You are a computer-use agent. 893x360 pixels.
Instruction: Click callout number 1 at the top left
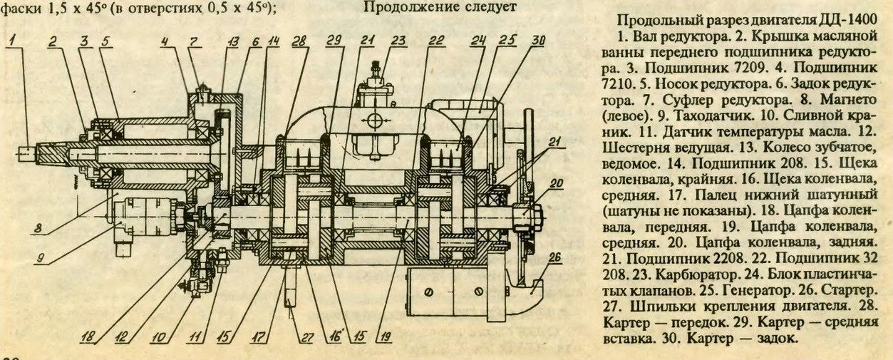(13, 40)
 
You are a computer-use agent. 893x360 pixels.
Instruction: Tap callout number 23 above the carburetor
(398, 40)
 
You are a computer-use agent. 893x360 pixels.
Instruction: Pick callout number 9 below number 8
(41, 258)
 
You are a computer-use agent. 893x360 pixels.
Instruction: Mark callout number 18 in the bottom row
(88, 338)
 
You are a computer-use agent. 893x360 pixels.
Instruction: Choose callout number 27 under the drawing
(306, 338)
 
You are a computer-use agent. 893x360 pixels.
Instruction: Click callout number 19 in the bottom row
(385, 338)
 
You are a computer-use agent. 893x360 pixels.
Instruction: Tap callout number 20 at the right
(557, 184)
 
